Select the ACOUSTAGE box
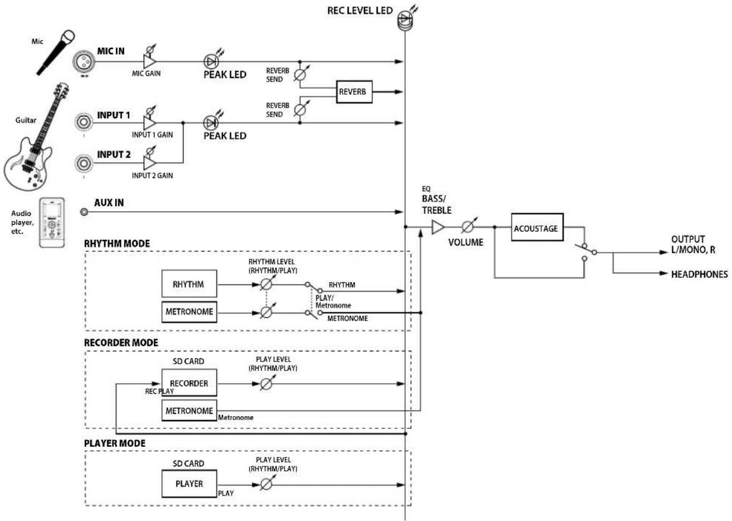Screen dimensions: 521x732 click(536, 229)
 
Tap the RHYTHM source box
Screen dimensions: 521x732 click(189, 284)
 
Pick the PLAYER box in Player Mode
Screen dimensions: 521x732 click(189, 484)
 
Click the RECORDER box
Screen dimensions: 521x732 click(189, 383)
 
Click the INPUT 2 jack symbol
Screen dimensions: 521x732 click(84, 163)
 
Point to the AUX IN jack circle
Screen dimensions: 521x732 click(84, 212)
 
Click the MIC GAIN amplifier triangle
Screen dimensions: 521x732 click(149, 61)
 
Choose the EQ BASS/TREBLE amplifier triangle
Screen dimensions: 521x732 click(439, 227)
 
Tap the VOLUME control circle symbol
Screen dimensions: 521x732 click(468, 227)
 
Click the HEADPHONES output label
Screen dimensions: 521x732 click(699, 274)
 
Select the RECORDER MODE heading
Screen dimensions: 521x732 click(121, 342)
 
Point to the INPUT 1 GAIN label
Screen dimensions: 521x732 click(152, 134)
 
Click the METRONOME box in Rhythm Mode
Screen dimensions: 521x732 click(189, 312)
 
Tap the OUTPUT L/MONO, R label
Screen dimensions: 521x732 click(692, 245)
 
